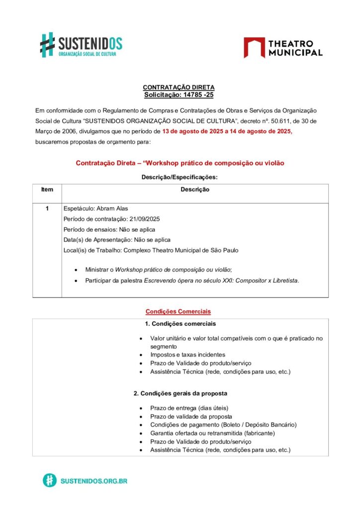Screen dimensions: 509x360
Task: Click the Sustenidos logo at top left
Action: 81,44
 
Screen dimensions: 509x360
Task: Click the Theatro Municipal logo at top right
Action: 282,48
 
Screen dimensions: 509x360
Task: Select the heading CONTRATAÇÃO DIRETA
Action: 179,87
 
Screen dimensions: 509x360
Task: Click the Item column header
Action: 47,189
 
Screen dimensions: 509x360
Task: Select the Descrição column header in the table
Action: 195,189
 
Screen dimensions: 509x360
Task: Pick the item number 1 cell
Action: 47,208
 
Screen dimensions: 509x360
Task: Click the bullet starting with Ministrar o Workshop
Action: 158,269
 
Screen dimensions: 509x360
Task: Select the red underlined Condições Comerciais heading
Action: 178,312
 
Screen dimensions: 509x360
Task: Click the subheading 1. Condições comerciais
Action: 180,324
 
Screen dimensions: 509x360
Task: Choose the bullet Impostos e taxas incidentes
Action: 187,355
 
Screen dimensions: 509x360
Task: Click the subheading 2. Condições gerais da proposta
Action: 180,393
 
